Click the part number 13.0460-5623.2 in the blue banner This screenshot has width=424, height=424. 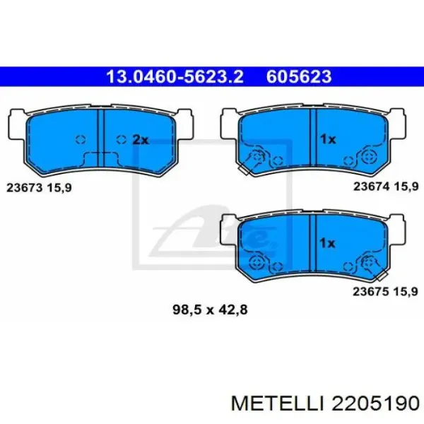click(x=175, y=76)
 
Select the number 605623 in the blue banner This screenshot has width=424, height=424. click(x=299, y=76)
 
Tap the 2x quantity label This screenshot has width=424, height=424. click(x=141, y=140)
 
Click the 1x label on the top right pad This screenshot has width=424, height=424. click(x=328, y=139)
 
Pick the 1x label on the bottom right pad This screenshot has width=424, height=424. click(x=327, y=243)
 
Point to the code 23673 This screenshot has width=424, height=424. click(x=25, y=187)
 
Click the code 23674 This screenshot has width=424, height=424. click(x=371, y=187)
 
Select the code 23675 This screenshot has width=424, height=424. click(x=371, y=291)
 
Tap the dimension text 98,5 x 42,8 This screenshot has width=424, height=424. click(x=210, y=310)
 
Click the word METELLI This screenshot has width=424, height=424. click(x=278, y=404)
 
